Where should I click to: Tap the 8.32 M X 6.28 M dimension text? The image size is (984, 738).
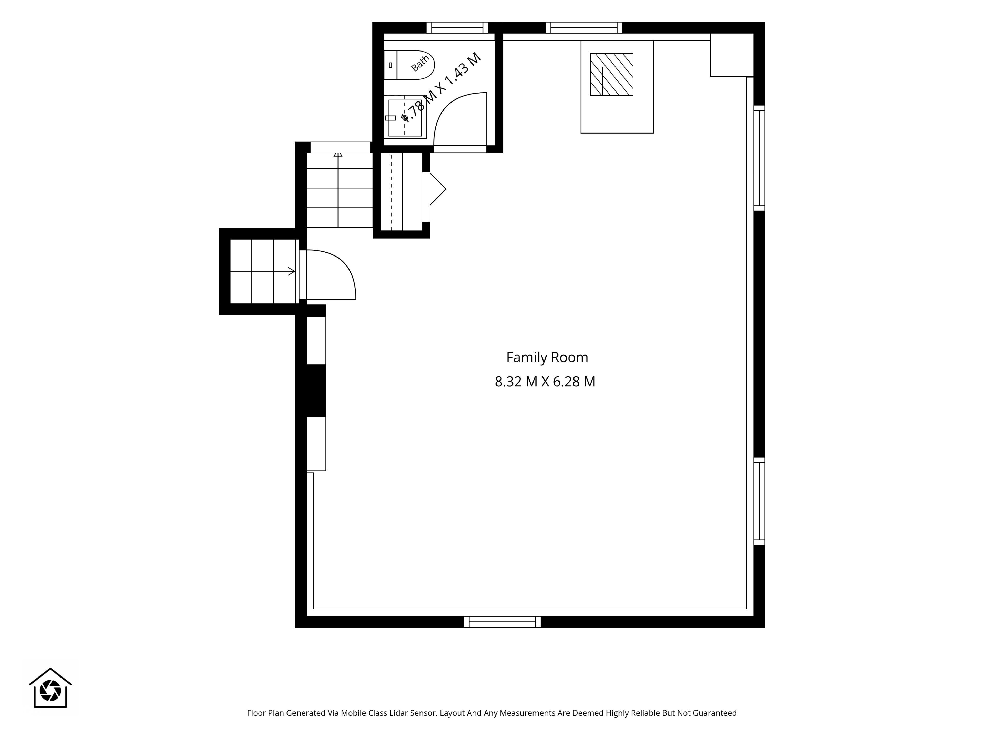545,382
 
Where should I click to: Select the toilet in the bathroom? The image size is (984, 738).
409,65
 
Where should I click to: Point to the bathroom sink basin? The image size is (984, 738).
405,118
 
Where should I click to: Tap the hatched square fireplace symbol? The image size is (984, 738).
612,74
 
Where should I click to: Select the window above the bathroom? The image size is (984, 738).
457,28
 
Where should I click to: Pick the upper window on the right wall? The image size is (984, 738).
759,158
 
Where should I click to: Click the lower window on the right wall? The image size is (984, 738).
759,501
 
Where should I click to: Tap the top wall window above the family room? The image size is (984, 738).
584,28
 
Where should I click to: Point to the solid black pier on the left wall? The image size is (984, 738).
316,391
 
